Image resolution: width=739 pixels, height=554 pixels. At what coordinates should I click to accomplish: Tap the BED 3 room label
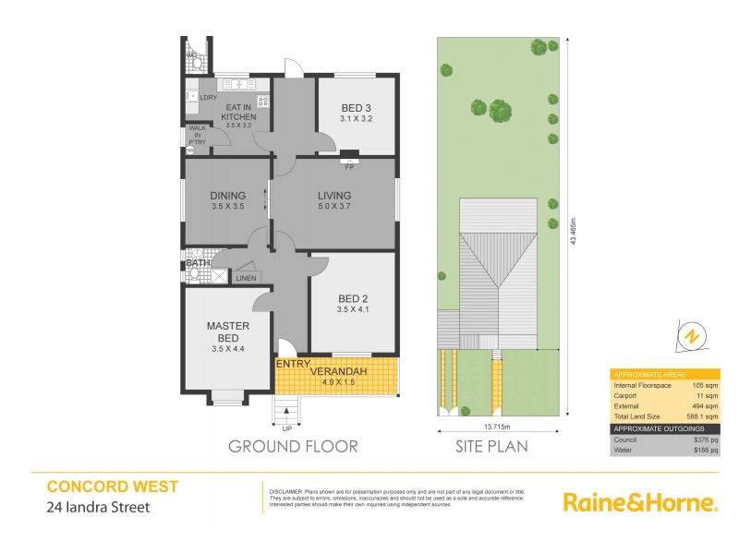(356, 106)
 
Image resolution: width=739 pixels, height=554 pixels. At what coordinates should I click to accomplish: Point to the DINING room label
(227, 195)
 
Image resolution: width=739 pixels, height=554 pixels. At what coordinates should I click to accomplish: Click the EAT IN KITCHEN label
(238, 113)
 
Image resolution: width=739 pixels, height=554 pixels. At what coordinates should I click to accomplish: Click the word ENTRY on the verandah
(293, 364)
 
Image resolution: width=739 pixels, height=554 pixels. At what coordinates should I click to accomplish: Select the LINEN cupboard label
(246, 277)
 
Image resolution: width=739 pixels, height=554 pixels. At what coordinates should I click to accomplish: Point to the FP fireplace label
(350, 167)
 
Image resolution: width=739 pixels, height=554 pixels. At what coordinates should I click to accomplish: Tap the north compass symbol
(691, 337)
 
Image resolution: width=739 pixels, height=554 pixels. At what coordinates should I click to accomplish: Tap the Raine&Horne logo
(640, 503)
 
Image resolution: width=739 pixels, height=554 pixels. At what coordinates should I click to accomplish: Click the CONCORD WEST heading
(112, 486)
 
